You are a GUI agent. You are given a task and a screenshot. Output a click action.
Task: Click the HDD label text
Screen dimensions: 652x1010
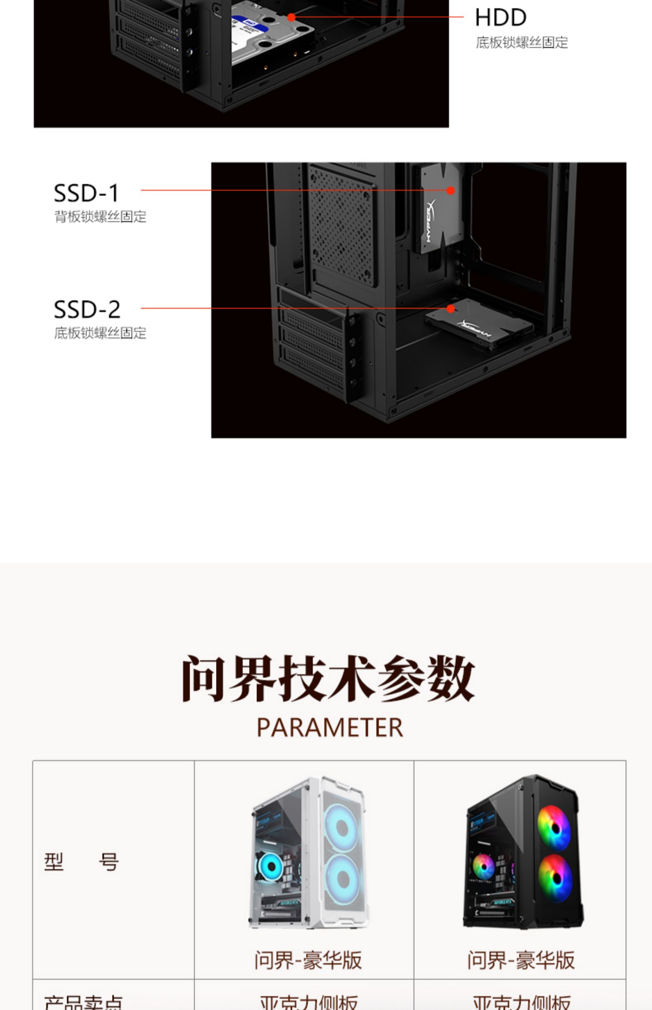pos(500,18)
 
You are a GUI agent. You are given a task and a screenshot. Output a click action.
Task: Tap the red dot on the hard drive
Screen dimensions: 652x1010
pos(291,17)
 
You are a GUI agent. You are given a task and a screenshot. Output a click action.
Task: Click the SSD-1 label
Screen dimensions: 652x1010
pos(86,194)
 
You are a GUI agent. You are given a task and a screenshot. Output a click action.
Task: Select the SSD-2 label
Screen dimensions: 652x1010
pos(87,310)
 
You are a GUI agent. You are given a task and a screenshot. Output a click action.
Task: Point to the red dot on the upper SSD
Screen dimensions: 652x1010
pos(451,191)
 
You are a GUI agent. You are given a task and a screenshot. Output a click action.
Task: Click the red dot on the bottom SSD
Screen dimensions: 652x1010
pos(451,308)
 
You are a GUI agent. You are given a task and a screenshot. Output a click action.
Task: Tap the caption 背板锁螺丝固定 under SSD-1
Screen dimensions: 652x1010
pos(100,217)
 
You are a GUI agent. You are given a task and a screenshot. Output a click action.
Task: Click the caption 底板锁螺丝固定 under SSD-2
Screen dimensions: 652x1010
pos(100,333)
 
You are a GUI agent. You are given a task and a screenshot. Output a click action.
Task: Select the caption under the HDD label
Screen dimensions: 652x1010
pos(522,43)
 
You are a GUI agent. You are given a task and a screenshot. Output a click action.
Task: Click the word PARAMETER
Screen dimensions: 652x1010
pos(330,728)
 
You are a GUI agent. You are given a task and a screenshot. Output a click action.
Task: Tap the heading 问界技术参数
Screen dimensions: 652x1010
pos(328,679)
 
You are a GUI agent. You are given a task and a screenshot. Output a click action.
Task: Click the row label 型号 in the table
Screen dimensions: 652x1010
pos(81,862)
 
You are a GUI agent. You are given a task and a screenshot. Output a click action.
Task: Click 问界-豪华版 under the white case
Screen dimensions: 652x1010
pos(308,960)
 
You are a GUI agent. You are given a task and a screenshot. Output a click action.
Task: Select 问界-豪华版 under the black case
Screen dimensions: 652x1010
pos(521,960)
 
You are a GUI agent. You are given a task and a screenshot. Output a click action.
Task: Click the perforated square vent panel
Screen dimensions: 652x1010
pos(341,226)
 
